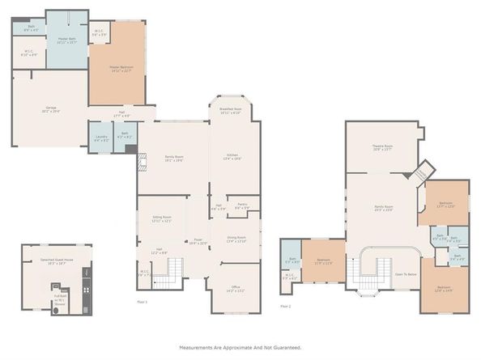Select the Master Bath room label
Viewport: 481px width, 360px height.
(x=67, y=40)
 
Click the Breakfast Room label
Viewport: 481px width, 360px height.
(x=232, y=109)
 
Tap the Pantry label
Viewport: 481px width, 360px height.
(x=241, y=206)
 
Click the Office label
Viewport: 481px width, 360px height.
(x=236, y=286)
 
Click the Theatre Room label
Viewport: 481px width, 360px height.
(x=383, y=147)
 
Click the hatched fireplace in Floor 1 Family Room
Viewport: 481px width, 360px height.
(x=141, y=163)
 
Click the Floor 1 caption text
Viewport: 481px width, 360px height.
(x=141, y=302)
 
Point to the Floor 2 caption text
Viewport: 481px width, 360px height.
(x=285, y=307)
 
